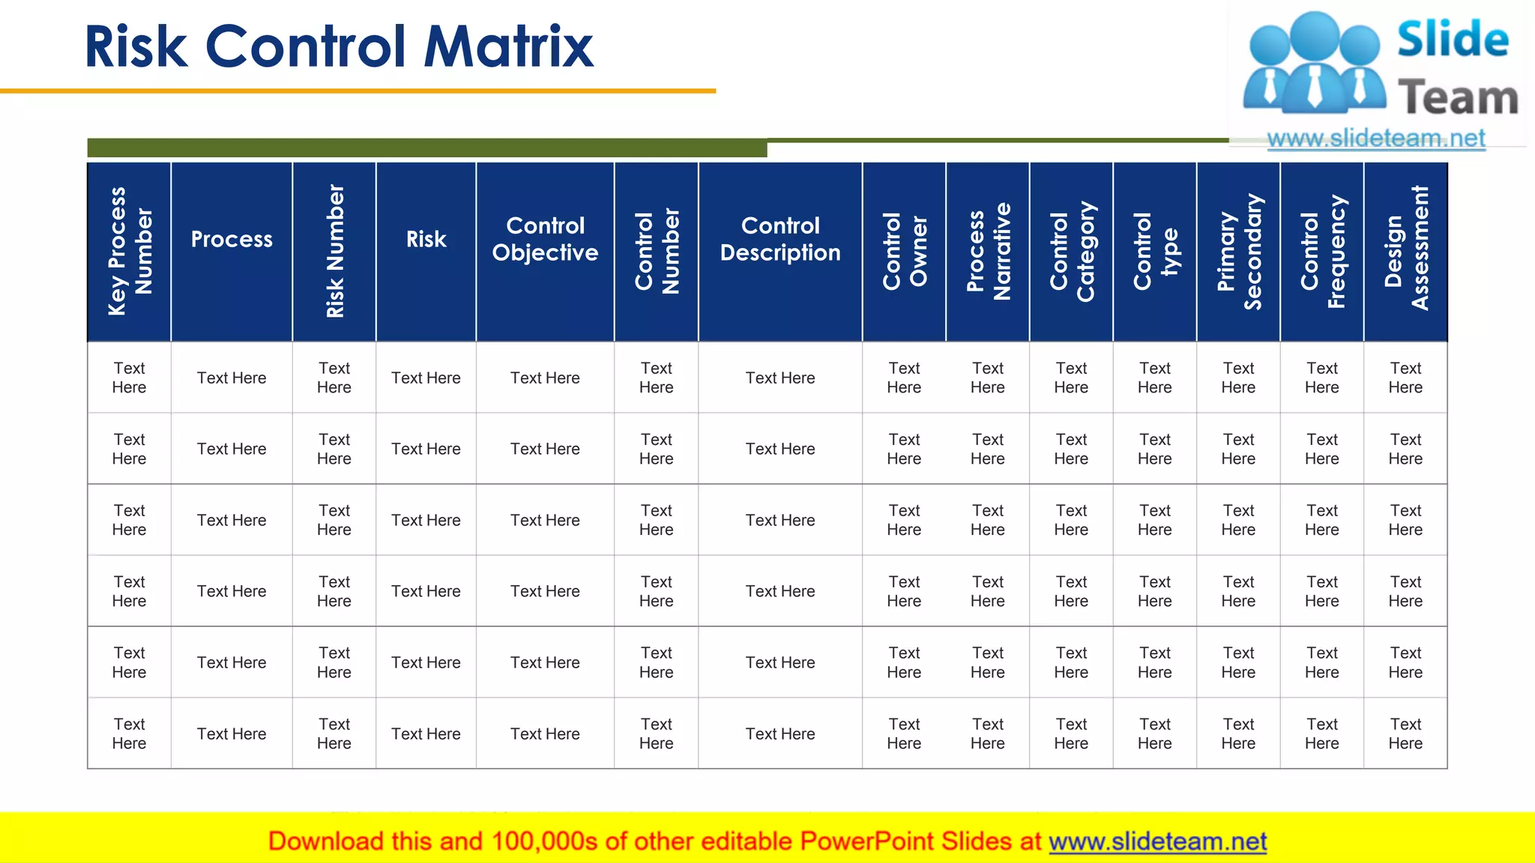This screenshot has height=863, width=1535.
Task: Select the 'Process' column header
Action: click(x=232, y=240)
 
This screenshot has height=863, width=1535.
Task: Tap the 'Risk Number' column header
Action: click(x=334, y=252)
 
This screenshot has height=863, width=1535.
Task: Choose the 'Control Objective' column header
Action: click(x=545, y=239)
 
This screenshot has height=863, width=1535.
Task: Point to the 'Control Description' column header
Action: click(x=780, y=239)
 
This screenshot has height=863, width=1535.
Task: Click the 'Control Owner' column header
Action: click(x=904, y=252)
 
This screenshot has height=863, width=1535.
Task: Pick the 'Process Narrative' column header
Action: click(x=988, y=252)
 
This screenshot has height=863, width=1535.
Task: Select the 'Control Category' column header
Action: click(x=1071, y=252)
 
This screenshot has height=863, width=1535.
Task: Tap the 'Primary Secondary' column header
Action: click(x=1238, y=252)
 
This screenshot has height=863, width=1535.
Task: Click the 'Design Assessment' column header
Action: click(x=1405, y=252)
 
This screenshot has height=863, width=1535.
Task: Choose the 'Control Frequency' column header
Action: click(x=1322, y=252)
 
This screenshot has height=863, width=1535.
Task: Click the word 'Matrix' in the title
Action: click(x=508, y=46)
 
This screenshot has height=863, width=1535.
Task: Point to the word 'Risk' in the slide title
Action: click(x=136, y=46)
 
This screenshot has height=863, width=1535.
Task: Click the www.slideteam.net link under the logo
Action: click(x=1375, y=139)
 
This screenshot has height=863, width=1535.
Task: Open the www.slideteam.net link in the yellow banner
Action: click(x=1157, y=841)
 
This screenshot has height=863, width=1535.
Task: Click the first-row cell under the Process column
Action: click(x=232, y=378)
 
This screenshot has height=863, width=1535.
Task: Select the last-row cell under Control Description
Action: click(x=780, y=734)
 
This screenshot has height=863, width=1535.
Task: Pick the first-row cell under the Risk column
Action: click(x=426, y=378)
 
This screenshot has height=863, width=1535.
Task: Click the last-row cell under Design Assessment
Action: click(x=1405, y=734)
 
